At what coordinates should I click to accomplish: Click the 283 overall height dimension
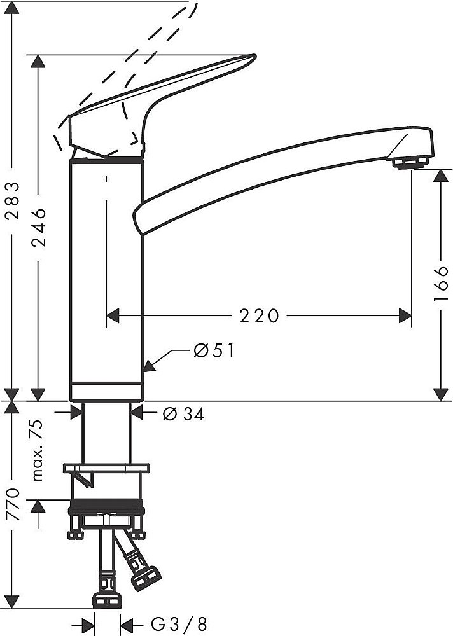click(x=13, y=201)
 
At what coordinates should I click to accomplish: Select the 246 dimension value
click(x=39, y=227)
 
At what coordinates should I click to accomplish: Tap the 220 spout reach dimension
click(x=259, y=315)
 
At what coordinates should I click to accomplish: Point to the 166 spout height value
click(x=440, y=284)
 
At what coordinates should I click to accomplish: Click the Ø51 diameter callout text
click(x=214, y=350)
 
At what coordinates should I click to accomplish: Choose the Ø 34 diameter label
click(x=183, y=413)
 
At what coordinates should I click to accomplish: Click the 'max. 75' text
click(x=37, y=450)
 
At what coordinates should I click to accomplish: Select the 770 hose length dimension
click(x=13, y=504)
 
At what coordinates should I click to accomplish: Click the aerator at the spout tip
click(x=410, y=163)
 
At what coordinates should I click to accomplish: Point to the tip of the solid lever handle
click(x=255, y=55)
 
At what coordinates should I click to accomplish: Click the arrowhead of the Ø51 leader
click(x=150, y=366)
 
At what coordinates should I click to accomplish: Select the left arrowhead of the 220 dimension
click(x=113, y=315)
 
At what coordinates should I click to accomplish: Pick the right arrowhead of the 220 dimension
click(x=405, y=315)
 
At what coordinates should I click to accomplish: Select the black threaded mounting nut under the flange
click(x=107, y=507)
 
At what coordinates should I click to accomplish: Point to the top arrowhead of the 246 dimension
click(x=39, y=61)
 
